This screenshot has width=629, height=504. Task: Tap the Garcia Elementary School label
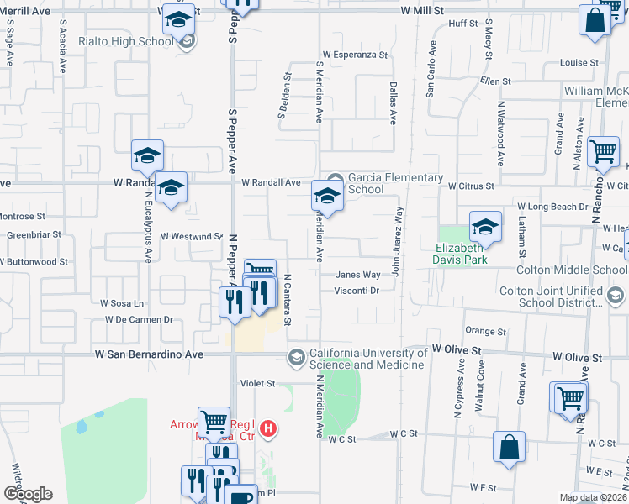[395, 183]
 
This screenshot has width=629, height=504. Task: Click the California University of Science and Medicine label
[367, 359]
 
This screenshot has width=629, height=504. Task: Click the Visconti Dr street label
[358, 291]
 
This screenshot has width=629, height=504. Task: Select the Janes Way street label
[358, 275]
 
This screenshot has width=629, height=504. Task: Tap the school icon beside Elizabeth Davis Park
[485, 227]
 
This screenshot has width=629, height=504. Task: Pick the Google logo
[27, 493]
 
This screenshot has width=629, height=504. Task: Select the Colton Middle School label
[571, 270]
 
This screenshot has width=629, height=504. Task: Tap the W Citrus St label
[469, 186]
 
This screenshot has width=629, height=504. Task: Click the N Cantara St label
[288, 299]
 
